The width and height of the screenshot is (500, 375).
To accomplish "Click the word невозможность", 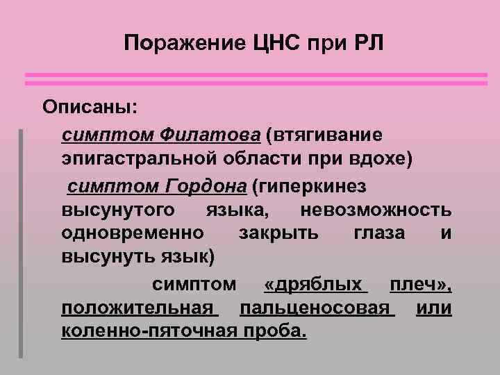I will (376, 210).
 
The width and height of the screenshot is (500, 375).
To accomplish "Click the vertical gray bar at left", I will (21, 243).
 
